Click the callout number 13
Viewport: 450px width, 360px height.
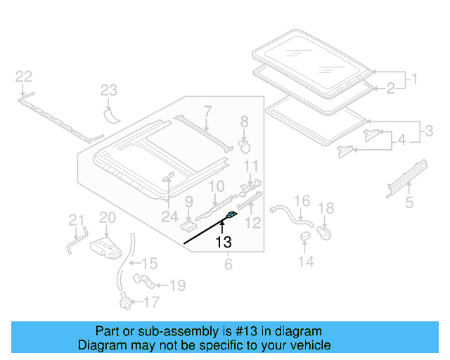click(x=223, y=243)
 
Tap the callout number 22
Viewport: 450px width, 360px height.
click(x=24, y=76)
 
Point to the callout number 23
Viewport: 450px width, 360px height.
click(x=108, y=90)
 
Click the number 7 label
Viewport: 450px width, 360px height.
click(x=207, y=110)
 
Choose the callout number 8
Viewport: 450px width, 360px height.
click(x=245, y=122)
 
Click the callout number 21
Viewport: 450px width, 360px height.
click(x=76, y=222)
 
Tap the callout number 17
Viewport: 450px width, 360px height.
click(x=152, y=303)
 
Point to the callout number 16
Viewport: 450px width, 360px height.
click(x=301, y=202)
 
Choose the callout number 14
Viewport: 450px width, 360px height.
click(x=305, y=262)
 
